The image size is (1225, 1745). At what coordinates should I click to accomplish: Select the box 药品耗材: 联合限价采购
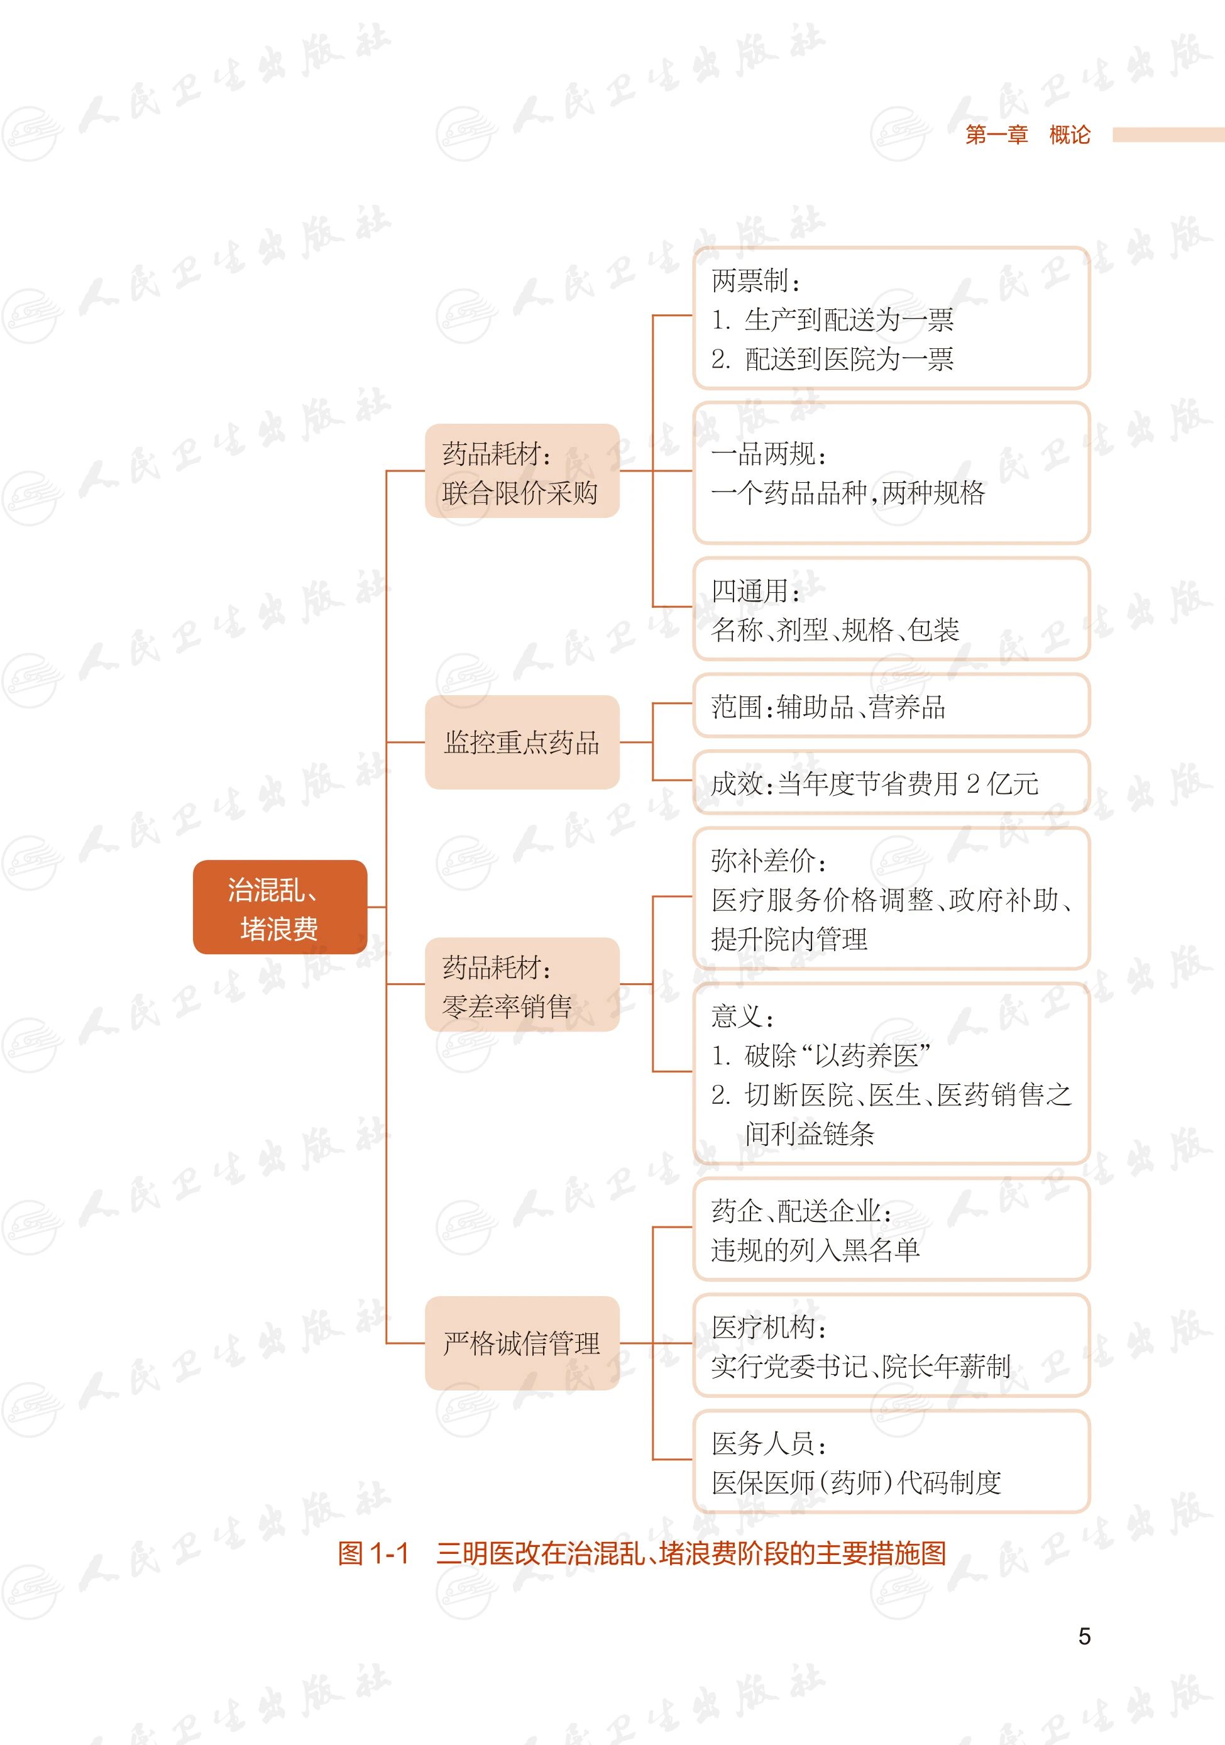(521, 471)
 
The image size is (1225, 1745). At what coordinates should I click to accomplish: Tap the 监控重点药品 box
(521, 742)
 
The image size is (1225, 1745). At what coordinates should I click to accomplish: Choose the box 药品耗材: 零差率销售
(521, 985)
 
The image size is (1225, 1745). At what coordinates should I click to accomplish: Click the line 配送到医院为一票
(849, 359)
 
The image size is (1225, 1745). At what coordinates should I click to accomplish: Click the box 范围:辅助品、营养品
(891, 707)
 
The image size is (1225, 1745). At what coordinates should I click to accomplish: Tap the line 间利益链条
(810, 1134)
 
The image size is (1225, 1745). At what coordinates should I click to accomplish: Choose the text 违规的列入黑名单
(815, 1250)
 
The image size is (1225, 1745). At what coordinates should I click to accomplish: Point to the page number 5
(1084, 1636)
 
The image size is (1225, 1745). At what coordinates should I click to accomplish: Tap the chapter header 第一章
(996, 135)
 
